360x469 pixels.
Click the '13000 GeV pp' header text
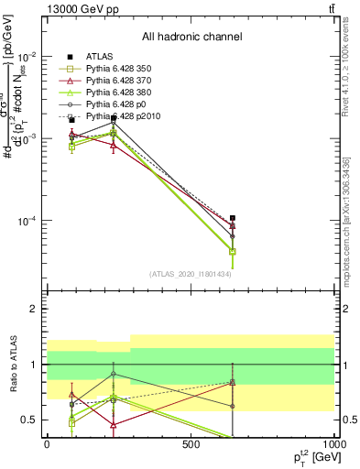pos(81,8)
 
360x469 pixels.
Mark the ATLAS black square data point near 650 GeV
pos(233,218)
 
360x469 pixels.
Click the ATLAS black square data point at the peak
pos(114,117)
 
